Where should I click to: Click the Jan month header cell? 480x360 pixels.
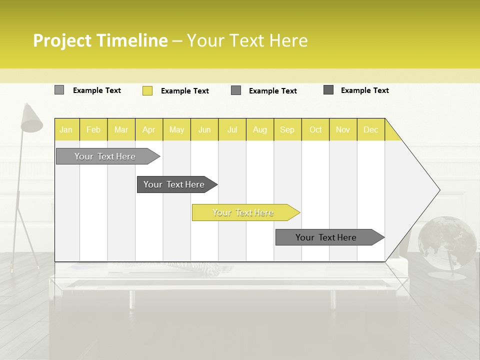[66, 129]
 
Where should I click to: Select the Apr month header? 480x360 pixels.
[149, 129]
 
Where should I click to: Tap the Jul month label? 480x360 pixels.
[232, 129]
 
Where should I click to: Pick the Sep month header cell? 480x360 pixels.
[287, 129]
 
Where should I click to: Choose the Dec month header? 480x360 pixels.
[370, 129]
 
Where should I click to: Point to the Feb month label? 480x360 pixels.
[93, 129]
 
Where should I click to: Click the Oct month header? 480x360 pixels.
[315, 129]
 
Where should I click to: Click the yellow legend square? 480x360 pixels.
[147, 90]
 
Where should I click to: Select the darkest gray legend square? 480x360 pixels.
[328, 90]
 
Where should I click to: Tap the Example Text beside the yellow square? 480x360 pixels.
[185, 91]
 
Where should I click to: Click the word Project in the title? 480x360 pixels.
[62, 40]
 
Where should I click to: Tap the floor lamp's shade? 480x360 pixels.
[31, 119]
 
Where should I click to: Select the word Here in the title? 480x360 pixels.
[288, 40]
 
